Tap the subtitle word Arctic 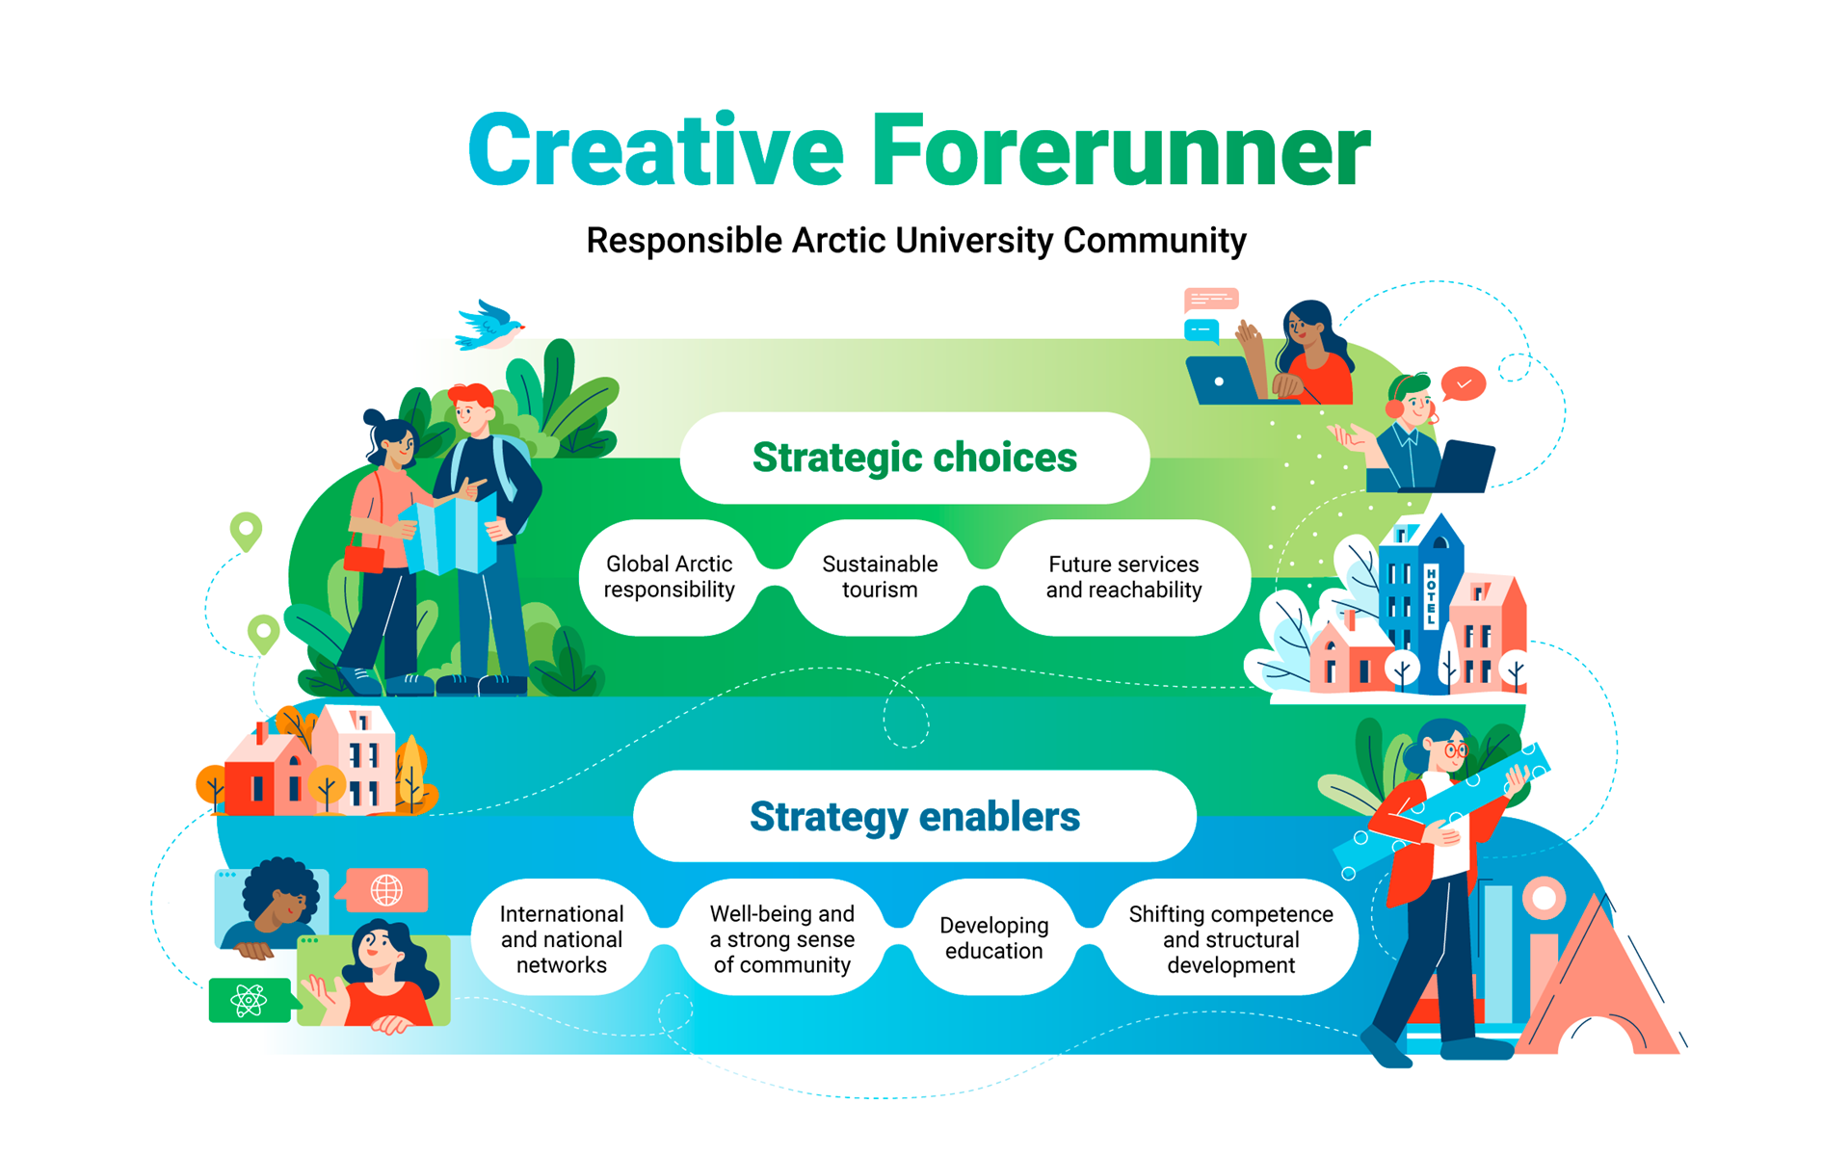pyautogui.click(x=837, y=240)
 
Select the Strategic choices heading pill pyautogui.click(x=914, y=458)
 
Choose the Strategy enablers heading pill pyautogui.click(x=914, y=816)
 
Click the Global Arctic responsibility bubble pyautogui.click(x=670, y=577)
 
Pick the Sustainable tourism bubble pyautogui.click(x=880, y=577)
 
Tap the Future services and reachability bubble pyautogui.click(x=1123, y=577)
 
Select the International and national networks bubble pyautogui.click(x=562, y=938)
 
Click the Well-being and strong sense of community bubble pyautogui.click(x=781, y=938)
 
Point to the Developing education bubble pyautogui.click(x=993, y=938)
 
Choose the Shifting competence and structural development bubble pyautogui.click(x=1230, y=938)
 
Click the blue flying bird pyautogui.click(x=489, y=325)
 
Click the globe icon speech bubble pyautogui.click(x=383, y=890)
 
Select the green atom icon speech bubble pyautogui.click(x=251, y=1000)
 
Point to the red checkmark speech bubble pyautogui.click(x=1464, y=384)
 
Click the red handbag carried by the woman pyautogui.click(x=364, y=558)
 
